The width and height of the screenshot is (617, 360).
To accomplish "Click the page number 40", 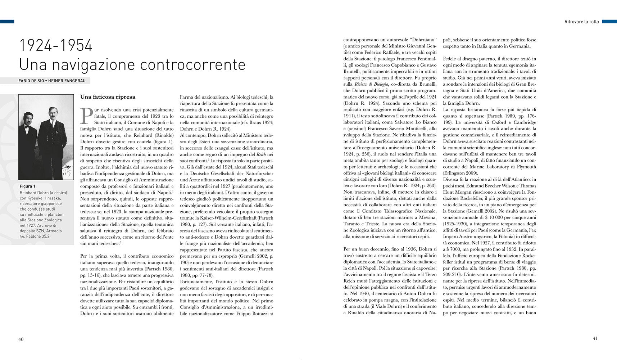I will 21,339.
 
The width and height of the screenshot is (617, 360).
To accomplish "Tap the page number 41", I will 595,338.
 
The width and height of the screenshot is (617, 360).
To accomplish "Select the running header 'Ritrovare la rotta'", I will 581,22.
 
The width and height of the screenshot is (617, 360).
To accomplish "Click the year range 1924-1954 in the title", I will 56,46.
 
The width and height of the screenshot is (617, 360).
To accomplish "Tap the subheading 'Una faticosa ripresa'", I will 108,97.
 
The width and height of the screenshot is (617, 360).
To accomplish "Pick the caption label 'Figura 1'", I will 27,186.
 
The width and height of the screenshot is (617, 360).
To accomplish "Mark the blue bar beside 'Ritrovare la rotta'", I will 609,22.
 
